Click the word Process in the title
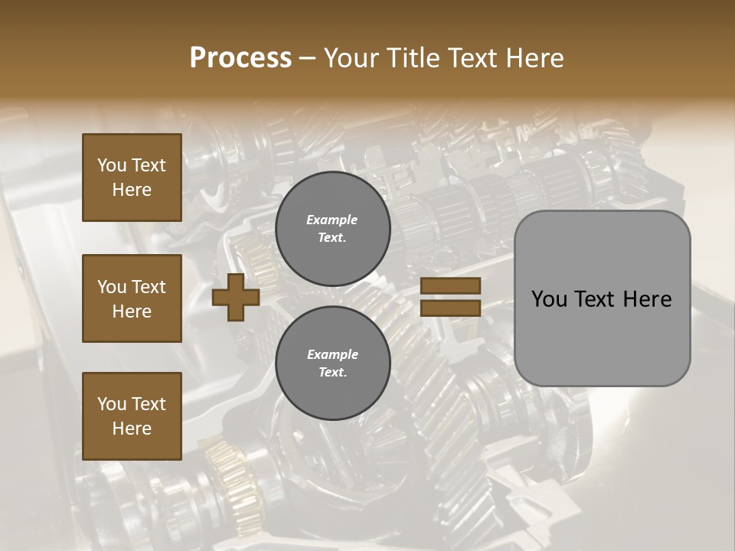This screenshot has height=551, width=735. [240, 58]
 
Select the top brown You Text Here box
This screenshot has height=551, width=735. [132, 178]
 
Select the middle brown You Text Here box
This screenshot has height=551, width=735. [132, 298]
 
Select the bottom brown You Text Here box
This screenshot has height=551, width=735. [132, 416]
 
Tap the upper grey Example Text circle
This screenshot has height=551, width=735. [332, 229]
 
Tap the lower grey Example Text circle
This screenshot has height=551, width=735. [332, 364]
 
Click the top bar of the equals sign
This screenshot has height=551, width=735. [450, 286]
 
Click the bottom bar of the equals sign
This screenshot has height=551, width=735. [450, 308]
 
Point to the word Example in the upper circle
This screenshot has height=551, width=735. [332, 220]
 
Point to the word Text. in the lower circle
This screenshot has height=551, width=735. [332, 373]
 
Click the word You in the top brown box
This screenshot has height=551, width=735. [111, 165]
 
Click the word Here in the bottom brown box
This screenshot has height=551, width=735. [132, 429]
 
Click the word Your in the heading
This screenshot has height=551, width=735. [352, 58]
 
